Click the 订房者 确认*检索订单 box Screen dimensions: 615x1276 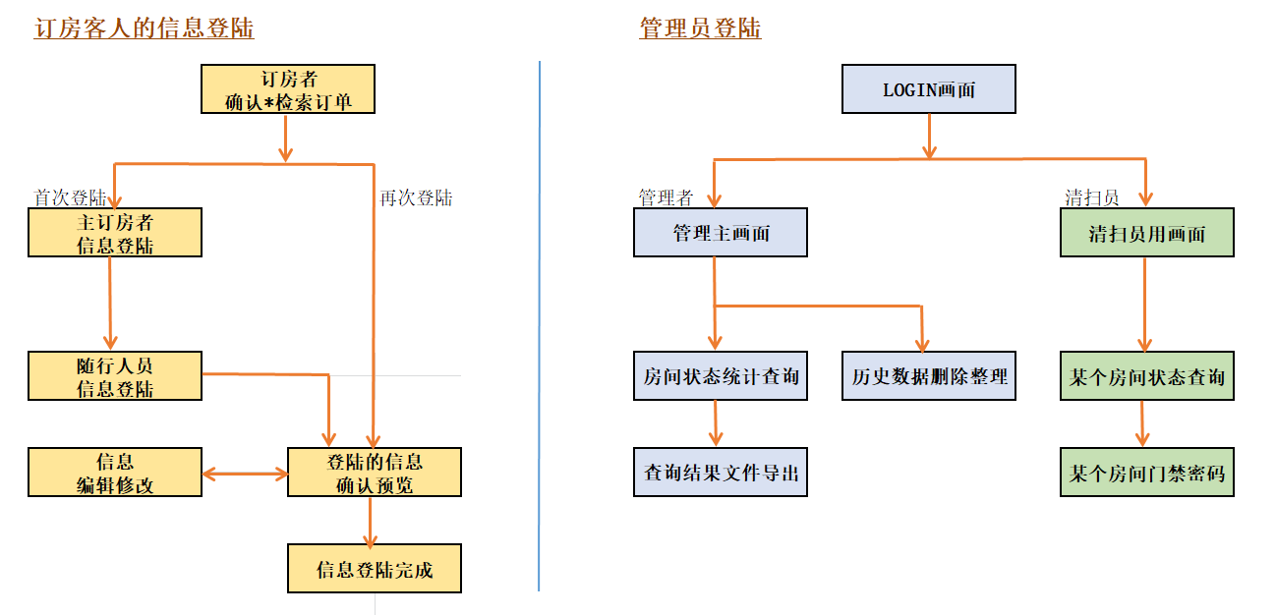[287, 89]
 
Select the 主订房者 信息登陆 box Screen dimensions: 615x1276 [115, 233]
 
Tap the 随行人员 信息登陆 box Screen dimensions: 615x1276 [115, 376]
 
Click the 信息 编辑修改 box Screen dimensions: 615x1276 [115, 473]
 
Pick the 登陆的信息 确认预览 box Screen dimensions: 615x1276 [374, 473]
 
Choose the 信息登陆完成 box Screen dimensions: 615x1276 [374, 569]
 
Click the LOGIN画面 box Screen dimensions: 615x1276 [928, 89]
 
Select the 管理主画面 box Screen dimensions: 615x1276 [720, 233]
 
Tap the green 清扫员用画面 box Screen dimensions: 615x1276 [1146, 233]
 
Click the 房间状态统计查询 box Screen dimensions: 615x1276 [720, 376]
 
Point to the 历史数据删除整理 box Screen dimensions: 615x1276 [928, 376]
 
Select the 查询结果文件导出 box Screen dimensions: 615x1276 [720, 473]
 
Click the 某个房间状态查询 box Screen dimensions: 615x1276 [1146, 376]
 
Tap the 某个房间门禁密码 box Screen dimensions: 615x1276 [1146, 473]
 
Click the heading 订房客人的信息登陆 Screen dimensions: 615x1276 [144, 28]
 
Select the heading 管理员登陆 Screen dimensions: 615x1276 [700, 28]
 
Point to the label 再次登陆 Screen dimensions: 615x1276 [416, 197]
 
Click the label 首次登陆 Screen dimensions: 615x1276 [70, 197]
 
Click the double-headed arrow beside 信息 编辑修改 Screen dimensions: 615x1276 [245, 474]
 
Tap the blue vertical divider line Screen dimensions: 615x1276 [540, 324]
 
